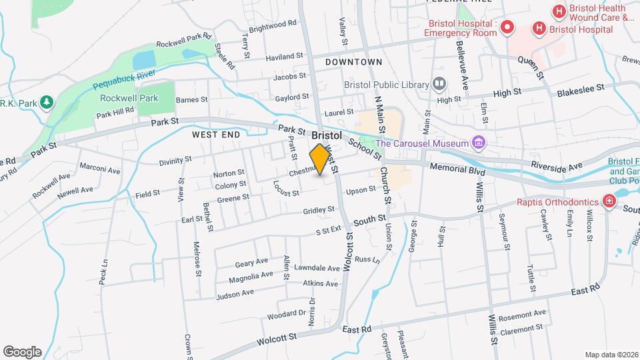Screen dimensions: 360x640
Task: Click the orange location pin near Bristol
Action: coord(320,159)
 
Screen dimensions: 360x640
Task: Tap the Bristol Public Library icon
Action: coord(439,84)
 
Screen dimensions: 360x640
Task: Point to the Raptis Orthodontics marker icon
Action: coord(608,201)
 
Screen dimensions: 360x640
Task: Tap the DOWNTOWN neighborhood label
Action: coord(354,62)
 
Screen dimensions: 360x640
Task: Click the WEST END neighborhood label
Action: coord(215,135)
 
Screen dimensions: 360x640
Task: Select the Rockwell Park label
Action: coord(129,98)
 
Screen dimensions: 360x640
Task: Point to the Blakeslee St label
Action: coord(580,87)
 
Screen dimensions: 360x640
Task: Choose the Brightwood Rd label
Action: coord(273,27)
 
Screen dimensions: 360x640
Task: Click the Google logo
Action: coord(22,351)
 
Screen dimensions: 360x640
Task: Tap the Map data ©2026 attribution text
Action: coord(611,355)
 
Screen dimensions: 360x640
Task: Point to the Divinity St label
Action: coord(175,161)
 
